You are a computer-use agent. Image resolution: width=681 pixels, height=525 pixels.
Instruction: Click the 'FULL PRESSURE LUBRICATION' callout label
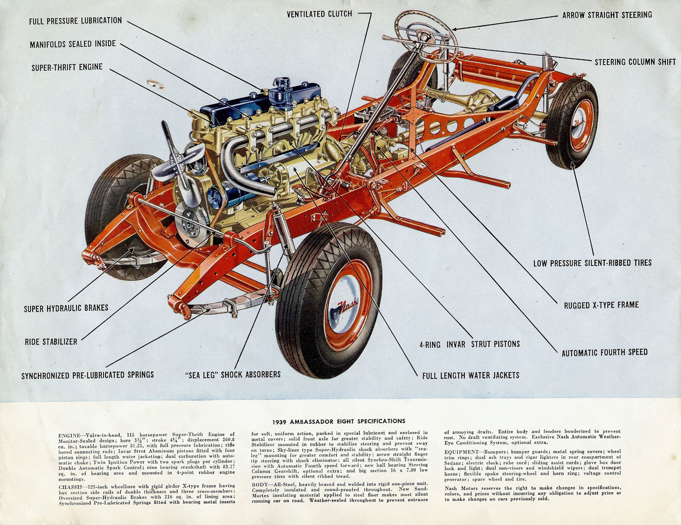point(75,21)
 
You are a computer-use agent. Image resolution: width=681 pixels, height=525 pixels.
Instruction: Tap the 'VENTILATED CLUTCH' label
point(319,14)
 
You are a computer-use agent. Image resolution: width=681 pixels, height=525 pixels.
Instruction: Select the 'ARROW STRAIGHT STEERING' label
point(607,15)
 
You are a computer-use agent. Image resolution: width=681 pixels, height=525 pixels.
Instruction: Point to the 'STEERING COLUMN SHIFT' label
point(635,62)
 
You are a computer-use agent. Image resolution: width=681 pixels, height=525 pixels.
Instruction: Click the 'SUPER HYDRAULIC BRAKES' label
point(66,308)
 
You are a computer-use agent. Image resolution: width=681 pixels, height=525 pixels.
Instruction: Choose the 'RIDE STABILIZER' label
point(51,342)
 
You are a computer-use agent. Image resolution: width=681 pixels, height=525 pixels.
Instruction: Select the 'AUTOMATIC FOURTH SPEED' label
point(604,353)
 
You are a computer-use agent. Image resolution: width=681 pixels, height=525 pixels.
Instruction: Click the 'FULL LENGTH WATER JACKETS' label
point(470,375)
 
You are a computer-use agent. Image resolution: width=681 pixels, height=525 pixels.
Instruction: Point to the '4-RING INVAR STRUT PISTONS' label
point(469,344)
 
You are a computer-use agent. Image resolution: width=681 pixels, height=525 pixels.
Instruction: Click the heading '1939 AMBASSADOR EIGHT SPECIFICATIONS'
point(339,421)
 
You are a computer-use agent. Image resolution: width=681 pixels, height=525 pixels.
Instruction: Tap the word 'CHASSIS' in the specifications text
point(71,487)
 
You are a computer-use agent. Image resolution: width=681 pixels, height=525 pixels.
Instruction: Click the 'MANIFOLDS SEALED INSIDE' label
point(73,44)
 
